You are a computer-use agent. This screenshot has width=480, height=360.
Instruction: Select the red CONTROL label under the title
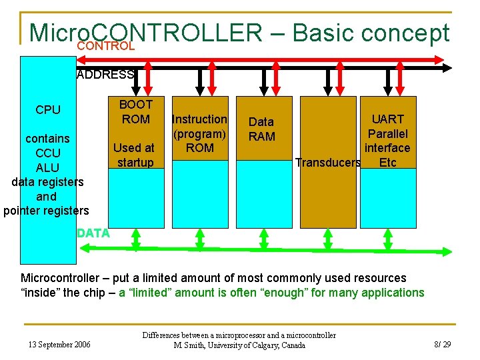[x=106, y=47]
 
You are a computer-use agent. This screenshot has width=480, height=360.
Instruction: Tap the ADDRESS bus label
[x=105, y=75]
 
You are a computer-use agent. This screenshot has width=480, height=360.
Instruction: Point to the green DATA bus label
[x=93, y=233]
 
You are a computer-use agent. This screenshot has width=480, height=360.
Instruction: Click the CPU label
[x=48, y=110]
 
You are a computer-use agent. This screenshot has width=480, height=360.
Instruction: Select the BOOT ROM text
[x=135, y=111]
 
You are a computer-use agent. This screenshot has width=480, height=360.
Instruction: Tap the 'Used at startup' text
[x=135, y=155]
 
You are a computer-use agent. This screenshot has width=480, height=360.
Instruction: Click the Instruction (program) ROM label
[x=199, y=133]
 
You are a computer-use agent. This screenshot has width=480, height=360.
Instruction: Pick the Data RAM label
[x=261, y=129]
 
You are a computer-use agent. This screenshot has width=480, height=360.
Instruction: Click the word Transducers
[x=328, y=163]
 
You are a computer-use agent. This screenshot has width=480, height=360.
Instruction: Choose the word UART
[x=387, y=119]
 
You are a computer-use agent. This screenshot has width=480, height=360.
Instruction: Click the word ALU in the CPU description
[x=47, y=167]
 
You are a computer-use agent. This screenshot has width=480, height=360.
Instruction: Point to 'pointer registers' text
[x=46, y=211]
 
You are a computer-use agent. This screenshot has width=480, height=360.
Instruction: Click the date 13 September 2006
[x=59, y=344]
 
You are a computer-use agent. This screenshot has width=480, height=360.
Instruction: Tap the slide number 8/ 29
[x=443, y=344]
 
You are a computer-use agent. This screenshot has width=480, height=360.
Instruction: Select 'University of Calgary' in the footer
[x=240, y=345]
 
